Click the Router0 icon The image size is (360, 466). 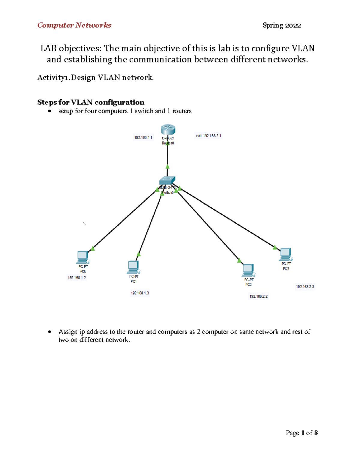tap(168, 130)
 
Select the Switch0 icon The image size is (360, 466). tap(167, 181)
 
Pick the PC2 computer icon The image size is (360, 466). tap(248, 270)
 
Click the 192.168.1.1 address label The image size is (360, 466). tap(143, 137)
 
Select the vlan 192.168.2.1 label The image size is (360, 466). tap(208, 136)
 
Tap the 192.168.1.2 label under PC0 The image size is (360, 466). tap(76, 278)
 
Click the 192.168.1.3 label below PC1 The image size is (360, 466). tap(140, 293)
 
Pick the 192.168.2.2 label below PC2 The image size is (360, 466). tap(258, 296)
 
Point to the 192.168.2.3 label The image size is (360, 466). tap(305, 287)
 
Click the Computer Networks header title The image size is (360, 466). tap(74, 25)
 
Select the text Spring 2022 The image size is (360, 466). tap(281, 26)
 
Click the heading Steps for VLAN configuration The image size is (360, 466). tap(91, 102)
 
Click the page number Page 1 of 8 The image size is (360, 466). tap(301, 433)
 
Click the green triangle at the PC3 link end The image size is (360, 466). tap(275, 247)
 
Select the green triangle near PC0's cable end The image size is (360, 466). tap(93, 248)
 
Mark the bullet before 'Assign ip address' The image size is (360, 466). tap(49, 332)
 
